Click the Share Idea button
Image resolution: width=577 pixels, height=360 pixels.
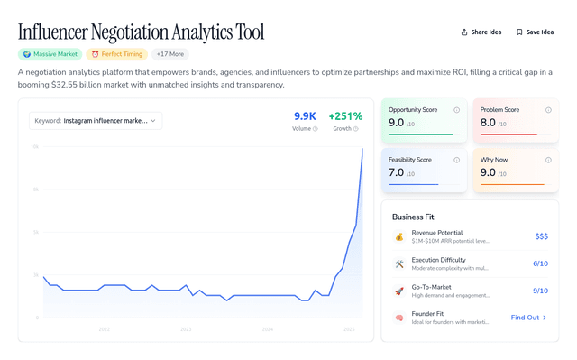tap(481, 32)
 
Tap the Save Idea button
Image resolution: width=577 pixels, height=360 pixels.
tap(535, 32)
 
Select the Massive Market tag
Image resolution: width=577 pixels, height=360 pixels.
tap(50, 54)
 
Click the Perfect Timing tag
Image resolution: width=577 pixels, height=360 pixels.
tap(116, 54)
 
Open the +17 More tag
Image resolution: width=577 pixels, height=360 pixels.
tap(169, 54)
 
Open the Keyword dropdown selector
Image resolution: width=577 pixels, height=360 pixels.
tap(96, 120)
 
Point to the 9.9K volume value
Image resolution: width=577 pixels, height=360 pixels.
tap(305, 116)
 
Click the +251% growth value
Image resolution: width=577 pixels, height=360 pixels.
tap(345, 116)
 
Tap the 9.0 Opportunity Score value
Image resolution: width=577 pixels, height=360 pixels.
tap(396, 123)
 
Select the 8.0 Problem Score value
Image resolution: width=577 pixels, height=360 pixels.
tap(488, 123)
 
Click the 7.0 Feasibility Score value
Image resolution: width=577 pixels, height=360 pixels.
tap(396, 172)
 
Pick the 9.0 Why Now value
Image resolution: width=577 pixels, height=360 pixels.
tap(488, 172)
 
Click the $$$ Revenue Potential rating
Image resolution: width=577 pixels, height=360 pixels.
tap(541, 236)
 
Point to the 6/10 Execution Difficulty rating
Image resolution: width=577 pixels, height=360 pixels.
tap(540, 264)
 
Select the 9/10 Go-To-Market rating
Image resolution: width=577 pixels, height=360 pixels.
tap(540, 291)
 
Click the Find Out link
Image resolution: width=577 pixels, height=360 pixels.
tap(528, 318)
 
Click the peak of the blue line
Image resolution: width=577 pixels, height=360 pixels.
tap(362, 149)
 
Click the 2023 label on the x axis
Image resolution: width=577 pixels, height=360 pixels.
tap(186, 329)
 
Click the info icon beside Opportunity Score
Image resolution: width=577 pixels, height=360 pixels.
tap(457, 110)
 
